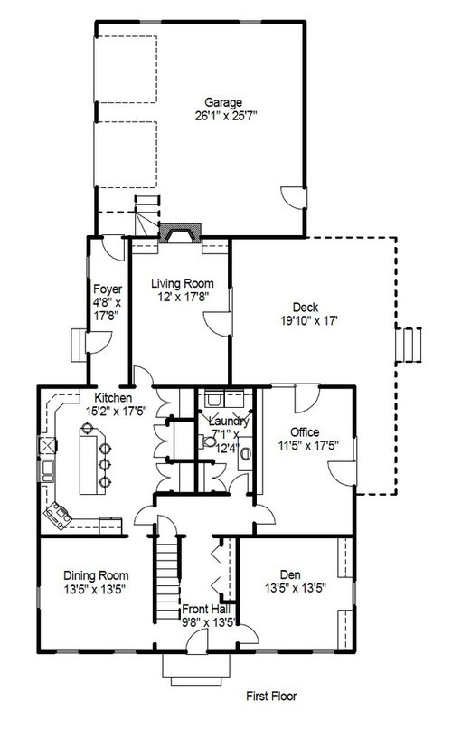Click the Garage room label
pos(223,102)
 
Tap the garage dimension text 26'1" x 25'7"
pos(226,116)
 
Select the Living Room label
pos(183,283)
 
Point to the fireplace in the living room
pos(180,232)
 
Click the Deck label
pos(306,307)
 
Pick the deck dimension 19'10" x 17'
pos(308,321)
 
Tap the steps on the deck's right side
pos(409,345)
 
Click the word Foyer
pos(108,289)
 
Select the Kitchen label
pos(113,398)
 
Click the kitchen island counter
pos(89,460)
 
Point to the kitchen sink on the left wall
pos(47,470)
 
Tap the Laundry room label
pos(229,422)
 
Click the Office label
pos(305,432)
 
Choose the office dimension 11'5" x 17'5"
pos(308,446)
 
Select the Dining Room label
pos(96,575)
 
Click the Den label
pos(290,575)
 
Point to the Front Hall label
pos(206,609)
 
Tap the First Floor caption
pos(271,696)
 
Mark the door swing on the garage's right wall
pos(293,197)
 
